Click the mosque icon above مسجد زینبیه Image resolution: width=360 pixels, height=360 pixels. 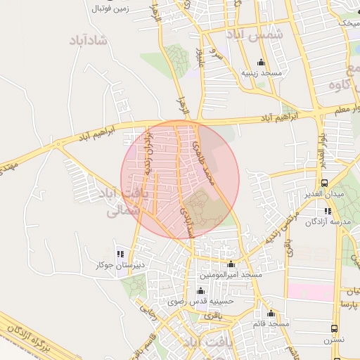[262, 62]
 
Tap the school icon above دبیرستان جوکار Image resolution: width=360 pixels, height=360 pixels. [120, 254]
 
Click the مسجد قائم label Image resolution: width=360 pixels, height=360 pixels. [272, 323]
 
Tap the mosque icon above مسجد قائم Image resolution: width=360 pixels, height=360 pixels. [272, 314]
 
